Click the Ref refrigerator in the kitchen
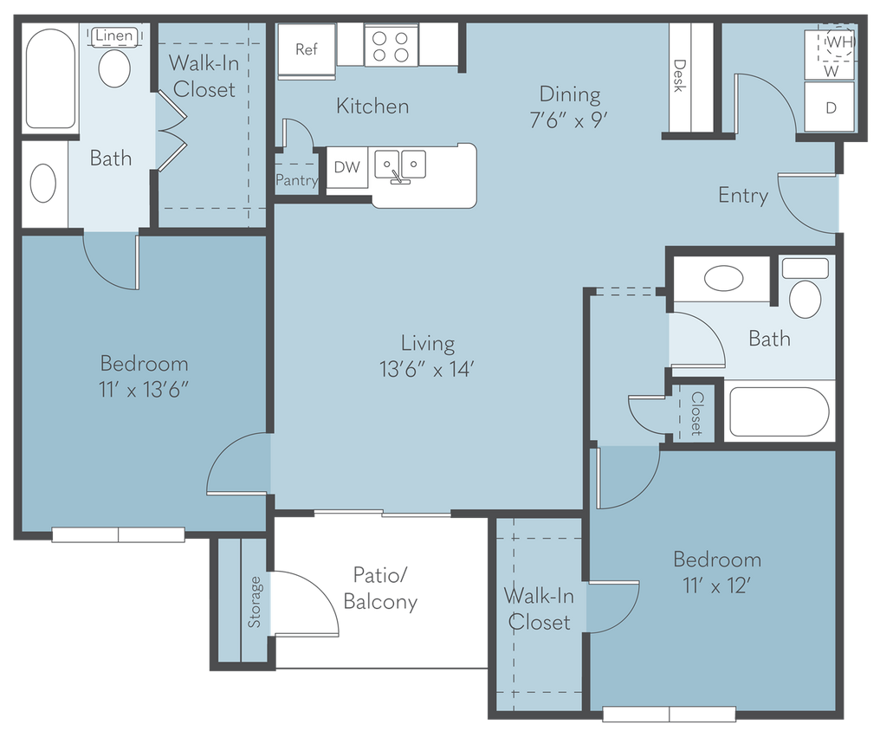[x=306, y=49]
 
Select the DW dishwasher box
[x=346, y=167]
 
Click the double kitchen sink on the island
[x=400, y=164]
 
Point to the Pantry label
[x=296, y=181]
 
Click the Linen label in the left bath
[x=114, y=36]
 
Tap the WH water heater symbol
[x=838, y=42]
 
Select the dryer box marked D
[x=830, y=108]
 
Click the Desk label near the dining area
[x=680, y=77]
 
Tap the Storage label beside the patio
[x=255, y=601]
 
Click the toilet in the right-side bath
[x=806, y=297]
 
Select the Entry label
[x=743, y=196]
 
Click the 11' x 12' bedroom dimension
[x=716, y=585]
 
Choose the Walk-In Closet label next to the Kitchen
[x=202, y=76]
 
